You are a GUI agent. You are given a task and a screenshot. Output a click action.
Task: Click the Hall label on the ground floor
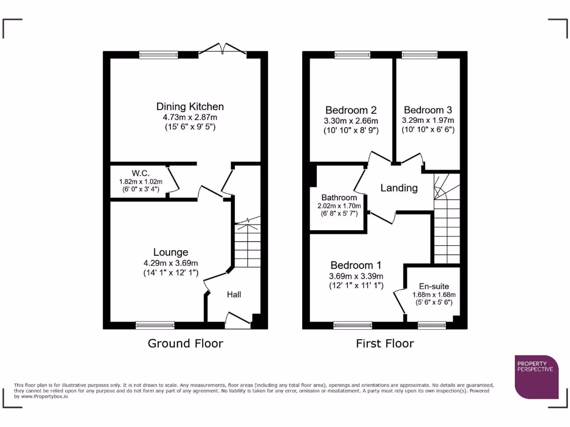click(234, 294)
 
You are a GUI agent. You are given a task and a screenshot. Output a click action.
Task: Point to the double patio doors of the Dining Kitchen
click(223, 50)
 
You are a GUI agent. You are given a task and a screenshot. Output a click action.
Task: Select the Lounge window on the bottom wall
click(155, 324)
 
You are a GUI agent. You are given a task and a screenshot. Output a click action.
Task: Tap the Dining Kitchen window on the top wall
click(159, 54)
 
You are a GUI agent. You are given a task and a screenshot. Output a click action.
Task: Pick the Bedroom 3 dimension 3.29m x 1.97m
click(427, 120)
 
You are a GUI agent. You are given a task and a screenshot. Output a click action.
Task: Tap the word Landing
click(399, 188)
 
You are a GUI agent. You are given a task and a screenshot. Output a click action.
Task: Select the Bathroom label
click(339, 197)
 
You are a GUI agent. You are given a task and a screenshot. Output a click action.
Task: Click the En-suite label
click(434, 286)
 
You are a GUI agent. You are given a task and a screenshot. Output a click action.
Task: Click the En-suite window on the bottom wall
click(432, 324)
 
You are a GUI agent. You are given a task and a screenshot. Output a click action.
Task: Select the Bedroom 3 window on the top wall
click(420, 54)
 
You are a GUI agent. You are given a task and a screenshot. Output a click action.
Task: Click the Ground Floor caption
click(185, 343)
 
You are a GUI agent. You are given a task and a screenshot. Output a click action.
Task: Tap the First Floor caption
click(385, 343)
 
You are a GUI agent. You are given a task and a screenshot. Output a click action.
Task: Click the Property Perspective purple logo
click(536, 376)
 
